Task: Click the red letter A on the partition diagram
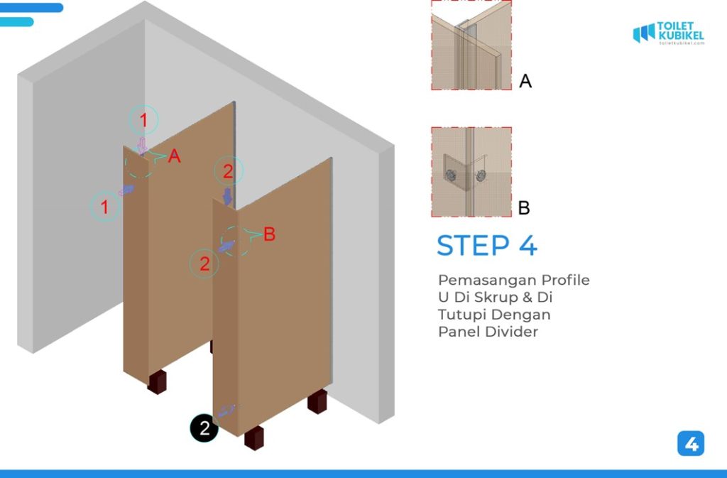point(175,156)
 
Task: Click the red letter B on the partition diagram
point(269,234)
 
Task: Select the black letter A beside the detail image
point(525,81)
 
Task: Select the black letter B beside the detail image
point(524,207)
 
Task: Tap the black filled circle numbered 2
point(204,428)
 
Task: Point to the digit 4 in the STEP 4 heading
point(528,245)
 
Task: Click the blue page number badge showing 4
point(691,444)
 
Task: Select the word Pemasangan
point(487,280)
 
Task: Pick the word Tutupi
point(460,315)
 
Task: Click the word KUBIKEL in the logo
point(681,36)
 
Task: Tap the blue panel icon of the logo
point(644,33)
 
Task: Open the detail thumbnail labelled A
point(471,45)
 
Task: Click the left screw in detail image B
point(451,175)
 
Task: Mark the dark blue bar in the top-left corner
point(31,7)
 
